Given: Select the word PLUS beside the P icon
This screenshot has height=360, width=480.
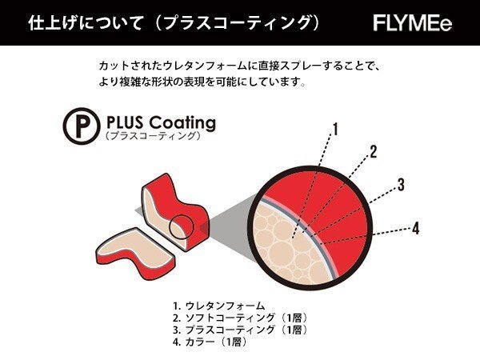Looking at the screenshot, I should point(123,123).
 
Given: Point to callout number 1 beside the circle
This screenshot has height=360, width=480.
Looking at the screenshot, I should point(336,128).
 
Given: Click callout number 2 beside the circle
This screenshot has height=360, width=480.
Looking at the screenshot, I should point(372,151).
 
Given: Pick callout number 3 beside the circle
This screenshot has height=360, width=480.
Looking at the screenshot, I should point(400,185).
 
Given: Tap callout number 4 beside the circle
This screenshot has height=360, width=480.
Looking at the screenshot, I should point(415,227).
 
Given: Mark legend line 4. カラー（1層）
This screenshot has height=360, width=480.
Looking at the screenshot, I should point(210,342).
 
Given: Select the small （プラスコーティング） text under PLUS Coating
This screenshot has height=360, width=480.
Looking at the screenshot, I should point(152,137).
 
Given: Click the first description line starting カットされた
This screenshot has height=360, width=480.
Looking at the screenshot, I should point(240,66).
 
